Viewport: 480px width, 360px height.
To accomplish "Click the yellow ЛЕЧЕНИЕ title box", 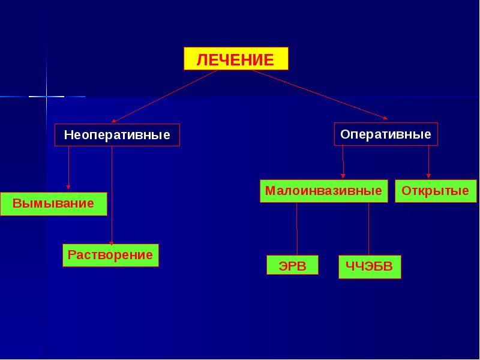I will click(x=235, y=59).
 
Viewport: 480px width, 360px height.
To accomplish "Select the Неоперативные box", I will click(x=117, y=135).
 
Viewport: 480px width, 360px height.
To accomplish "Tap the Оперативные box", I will click(x=386, y=134).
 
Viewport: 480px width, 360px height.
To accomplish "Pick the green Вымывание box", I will click(x=53, y=203).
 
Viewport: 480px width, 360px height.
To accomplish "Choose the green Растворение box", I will click(x=110, y=255).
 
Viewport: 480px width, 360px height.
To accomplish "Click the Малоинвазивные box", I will click(x=323, y=191).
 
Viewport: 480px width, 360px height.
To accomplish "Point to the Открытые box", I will click(x=436, y=191).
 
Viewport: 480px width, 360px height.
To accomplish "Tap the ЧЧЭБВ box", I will click(x=370, y=266).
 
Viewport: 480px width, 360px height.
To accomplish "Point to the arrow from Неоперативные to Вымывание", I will click(x=68, y=168).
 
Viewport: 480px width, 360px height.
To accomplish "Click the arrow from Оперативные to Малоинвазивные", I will click(x=343, y=162).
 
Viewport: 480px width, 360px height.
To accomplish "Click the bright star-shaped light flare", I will click(x=46, y=96).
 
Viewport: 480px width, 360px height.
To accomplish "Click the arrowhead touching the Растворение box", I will click(x=112, y=241).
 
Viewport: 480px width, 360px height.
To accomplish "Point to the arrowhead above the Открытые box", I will click(x=428, y=176).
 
